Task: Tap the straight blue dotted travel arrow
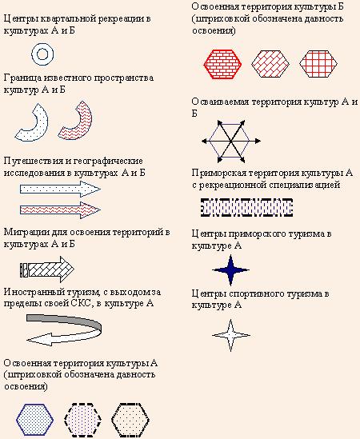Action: click(60, 190)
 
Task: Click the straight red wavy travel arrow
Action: click(60, 210)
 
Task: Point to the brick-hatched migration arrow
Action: click(47, 269)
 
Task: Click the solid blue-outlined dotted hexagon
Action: click(34, 420)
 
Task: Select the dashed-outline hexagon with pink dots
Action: click(82, 420)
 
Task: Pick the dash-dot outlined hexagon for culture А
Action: click(130, 420)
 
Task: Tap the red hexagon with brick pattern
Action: click(222, 64)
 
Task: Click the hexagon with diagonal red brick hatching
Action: click(270, 64)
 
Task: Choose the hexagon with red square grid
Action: click(318, 64)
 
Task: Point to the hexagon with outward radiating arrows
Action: click(231, 142)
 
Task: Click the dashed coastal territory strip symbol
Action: click(247, 207)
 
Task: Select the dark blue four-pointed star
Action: click(230, 270)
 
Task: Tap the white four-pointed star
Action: click(231, 335)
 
